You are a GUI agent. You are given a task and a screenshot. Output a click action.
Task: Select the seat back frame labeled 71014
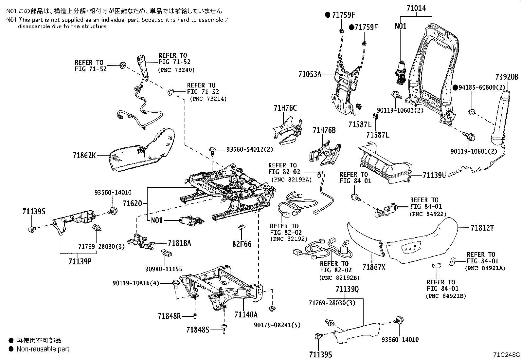pyautogui.click(x=432, y=75)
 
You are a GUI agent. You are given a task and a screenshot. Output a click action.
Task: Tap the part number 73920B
pyautogui.click(x=507, y=77)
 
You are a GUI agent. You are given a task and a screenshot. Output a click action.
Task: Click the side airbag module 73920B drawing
pyautogui.click(x=501, y=118)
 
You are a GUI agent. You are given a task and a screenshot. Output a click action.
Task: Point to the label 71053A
pyautogui.click(x=310, y=74)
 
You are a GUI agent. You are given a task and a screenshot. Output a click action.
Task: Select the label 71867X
pyautogui.click(x=374, y=267)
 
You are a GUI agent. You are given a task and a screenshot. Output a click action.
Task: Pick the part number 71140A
pyautogui.click(x=246, y=315)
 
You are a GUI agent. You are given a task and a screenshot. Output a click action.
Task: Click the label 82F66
pyautogui.click(x=242, y=244)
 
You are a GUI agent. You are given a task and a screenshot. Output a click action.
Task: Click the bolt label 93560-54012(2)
pyautogui.click(x=249, y=149)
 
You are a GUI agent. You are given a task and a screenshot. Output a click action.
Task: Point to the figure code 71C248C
pyautogui.click(x=506, y=355)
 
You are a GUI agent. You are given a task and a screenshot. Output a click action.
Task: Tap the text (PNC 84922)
pyautogui.click(x=427, y=214)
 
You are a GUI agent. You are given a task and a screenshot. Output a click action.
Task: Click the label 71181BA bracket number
pyautogui.click(x=179, y=243)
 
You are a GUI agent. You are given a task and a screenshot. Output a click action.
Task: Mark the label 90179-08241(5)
pyautogui.click(x=277, y=325)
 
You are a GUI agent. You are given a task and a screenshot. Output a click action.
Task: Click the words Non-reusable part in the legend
pyautogui.click(x=43, y=349)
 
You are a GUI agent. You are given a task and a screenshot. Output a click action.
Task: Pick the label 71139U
pyautogui.click(x=434, y=175)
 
